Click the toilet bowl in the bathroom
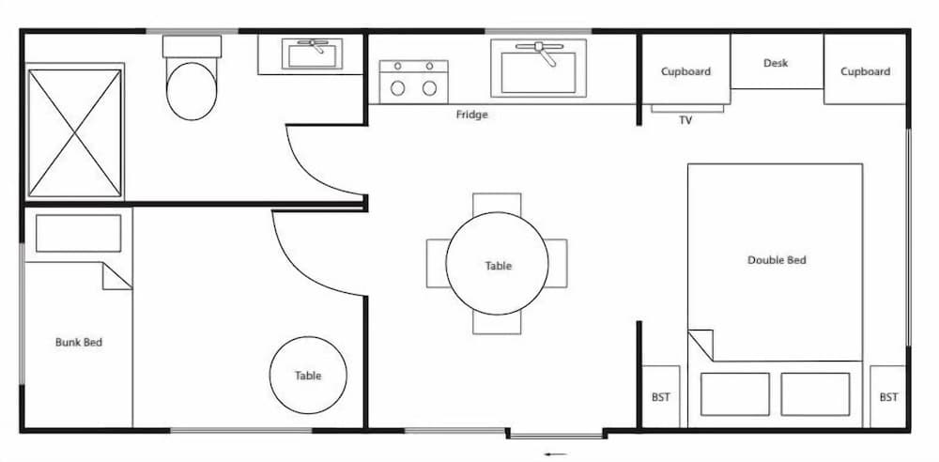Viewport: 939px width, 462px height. (x=192, y=90)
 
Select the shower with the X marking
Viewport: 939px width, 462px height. (x=75, y=132)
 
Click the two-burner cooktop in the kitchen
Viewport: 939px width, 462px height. (x=413, y=80)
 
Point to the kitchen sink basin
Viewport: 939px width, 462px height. (x=538, y=70)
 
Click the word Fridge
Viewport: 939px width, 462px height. (x=471, y=115)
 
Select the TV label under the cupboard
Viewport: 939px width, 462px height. (x=687, y=120)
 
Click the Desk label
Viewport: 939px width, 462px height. (x=776, y=63)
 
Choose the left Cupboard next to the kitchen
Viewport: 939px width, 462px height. (x=685, y=71)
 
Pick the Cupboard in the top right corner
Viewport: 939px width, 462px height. (x=865, y=71)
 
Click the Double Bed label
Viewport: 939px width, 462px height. (x=777, y=260)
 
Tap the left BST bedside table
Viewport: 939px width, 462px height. (x=661, y=397)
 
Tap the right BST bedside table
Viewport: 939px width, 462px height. (x=888, y=397)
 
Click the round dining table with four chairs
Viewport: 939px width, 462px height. (x=498, y=265)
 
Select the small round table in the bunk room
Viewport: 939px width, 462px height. (x=308, y=375)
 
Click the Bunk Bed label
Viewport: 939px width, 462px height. (x=79, y=343)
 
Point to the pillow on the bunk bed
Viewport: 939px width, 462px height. (x=78, y=234)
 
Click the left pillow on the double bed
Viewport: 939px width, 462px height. (x=734, y=393)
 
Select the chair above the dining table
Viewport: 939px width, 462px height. (x=497, y=203)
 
